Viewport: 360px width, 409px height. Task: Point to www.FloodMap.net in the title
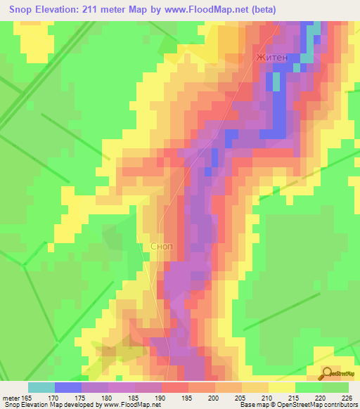pyautogui.click(x=211, y=9)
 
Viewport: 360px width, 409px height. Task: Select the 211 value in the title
pyautogui.click(x=93, y=9)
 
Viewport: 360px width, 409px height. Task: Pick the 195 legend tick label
pyautogui.click(x=186, y=397)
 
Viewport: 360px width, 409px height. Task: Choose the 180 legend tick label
pyautogui.click(x=107, y=397)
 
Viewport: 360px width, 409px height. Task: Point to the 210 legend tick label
pyautogui.click(x=266, y=397)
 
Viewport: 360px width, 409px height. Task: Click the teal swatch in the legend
pyautogui.click(x=41, y=387)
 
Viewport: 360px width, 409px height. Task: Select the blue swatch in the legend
pyautogui.click(x=68, y=387)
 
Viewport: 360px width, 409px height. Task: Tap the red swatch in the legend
pyautogui.click(x=175, y=387)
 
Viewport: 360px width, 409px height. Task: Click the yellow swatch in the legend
pyautogui.click(x=282, y=387)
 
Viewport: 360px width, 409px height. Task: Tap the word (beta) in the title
pyautogui.click(x=262, y=9)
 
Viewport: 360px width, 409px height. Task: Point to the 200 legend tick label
pyautogui.click(x=213, y=397)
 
